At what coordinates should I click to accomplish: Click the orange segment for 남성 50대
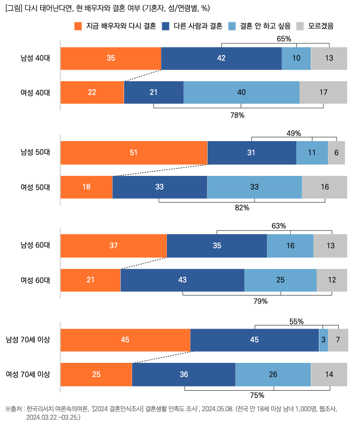[134, 153]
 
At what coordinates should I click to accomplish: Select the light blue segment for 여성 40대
[241, 92]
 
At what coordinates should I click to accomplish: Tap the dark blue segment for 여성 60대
[182, 280]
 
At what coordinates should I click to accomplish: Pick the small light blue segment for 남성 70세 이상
[323, 340]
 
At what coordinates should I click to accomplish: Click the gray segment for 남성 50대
[336, 153]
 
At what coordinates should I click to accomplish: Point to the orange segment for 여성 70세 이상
[96, 374]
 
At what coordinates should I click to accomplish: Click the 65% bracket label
[284, 38]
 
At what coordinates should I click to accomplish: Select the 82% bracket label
[242, 207]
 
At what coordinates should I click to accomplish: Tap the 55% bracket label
[296, 321]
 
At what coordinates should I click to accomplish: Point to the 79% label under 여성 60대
[260, 301]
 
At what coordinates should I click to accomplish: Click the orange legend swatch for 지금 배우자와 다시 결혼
[79, 26]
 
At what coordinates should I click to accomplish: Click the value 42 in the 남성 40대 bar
[221, 58]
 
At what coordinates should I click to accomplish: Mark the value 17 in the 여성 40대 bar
[323, 92]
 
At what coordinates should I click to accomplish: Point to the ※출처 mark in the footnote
[14, 409]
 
